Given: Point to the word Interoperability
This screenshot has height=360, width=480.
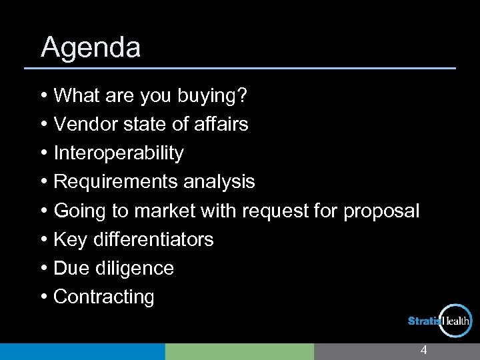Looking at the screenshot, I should pos(118,153).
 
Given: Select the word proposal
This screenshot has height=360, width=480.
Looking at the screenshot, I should pos(381,211).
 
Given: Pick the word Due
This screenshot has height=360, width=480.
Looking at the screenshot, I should pos(70,268).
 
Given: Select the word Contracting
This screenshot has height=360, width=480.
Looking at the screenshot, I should pos(103,297).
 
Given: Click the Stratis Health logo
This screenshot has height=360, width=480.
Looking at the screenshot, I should pos(440,321).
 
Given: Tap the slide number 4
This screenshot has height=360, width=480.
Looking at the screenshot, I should pos(423,351).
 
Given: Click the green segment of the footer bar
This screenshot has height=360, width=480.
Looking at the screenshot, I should pos(239,351).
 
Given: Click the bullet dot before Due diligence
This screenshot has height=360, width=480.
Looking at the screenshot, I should pos(43,269).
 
